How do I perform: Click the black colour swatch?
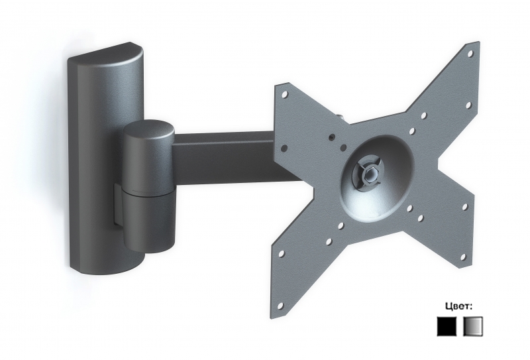(x=447, y=326)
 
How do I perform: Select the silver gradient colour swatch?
(x=473, y=326)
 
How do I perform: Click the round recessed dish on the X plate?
(x=378, y=176)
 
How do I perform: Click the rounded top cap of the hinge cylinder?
(x=148, y=133)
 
